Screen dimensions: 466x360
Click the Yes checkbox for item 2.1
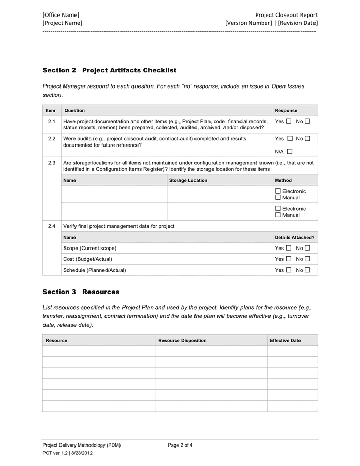289,121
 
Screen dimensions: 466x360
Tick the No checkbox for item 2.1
307,121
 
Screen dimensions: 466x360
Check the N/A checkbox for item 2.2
289,152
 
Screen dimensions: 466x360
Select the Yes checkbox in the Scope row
289,248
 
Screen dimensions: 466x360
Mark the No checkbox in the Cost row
307,259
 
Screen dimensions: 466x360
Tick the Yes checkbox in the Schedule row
289,270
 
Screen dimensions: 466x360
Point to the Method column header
283,180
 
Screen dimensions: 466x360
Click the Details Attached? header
294,237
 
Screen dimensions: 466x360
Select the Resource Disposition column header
182,340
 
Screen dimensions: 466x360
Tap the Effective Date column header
285,340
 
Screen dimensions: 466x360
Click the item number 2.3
51,163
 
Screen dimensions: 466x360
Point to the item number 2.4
51,226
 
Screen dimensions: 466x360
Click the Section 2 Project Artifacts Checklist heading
109,70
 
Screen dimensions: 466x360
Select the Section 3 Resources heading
81,292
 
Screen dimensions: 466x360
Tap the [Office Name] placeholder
61,15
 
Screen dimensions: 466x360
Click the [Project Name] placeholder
62,23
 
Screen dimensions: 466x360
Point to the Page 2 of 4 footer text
180,445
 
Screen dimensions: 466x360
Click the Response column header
286,110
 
